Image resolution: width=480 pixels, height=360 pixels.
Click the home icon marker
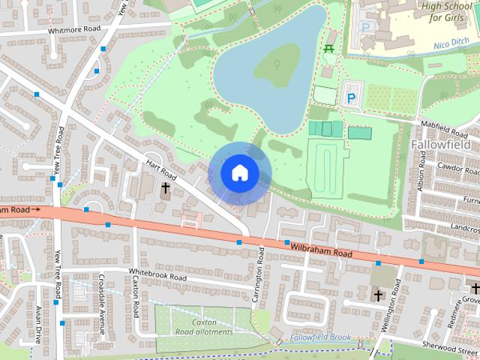(x=238, y=172)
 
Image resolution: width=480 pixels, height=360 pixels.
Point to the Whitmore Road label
(x=73, y=31)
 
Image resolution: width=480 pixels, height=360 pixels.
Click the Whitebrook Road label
(x=157, y=276)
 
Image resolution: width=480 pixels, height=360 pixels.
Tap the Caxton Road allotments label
(x=203, y=326)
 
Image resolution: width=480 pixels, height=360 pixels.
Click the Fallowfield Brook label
(x=320, y=338)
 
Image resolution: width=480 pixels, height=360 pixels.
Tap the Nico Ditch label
(x=452, y=45)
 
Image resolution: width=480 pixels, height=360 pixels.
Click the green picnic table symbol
(x=329, y=49)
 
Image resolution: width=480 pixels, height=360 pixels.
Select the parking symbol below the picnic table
(x=350, y=97)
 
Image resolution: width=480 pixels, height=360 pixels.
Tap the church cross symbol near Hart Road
(x=165, y=187)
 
